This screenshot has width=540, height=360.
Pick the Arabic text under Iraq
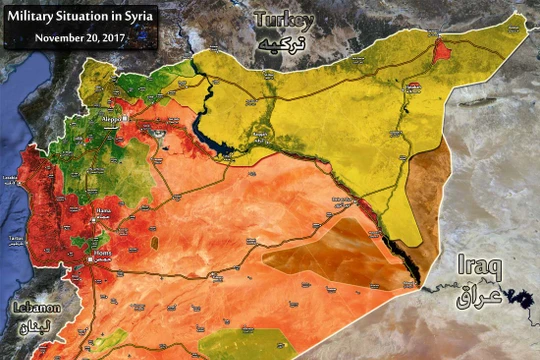[x=478, y=297]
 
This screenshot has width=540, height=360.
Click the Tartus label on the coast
[x=14, y=238]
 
